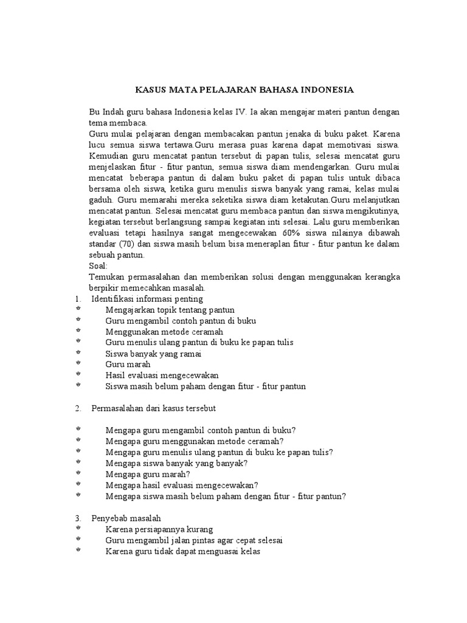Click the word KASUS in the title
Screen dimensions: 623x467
tap(148, 90)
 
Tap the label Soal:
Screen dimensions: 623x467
tap(98, 266)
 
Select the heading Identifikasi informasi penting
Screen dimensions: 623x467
tap(147, 299)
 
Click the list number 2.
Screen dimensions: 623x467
tap(78, 407)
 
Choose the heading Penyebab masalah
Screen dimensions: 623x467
tap(126, 518)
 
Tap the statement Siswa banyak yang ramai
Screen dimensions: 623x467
tap(153, 353)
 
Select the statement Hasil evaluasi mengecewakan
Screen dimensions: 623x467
tap(162, 375)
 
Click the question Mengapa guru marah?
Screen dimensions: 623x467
tap(148, 473)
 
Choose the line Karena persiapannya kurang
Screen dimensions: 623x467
tap(159, 529)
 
